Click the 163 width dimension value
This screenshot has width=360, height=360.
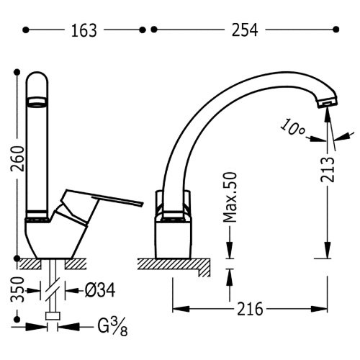pos(84,30)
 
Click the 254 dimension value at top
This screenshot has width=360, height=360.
pos(245,30)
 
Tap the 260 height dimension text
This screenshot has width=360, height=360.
pos(18,158)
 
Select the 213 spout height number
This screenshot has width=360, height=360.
pos(328,169)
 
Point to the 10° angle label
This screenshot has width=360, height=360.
pos(293,127)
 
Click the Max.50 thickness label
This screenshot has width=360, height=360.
pos(230,197)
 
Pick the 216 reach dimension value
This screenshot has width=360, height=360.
pos(250,309)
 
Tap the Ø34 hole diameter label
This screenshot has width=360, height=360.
pos(100,290)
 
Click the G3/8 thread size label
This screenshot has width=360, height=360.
pos(112,327)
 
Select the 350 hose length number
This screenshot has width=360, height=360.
pos(17,289)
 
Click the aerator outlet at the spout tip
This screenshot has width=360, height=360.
pos(328,103)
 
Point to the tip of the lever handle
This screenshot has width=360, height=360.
pos(142,204)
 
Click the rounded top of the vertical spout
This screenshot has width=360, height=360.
pos(37,73)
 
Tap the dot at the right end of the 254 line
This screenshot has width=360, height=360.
pos(336,30)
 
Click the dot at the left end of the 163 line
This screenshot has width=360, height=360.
pos(25,30)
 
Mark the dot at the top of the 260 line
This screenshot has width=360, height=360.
pos(17,72)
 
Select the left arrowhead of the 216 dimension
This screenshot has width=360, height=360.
pos(181,309)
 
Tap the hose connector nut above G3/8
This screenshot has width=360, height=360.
pos(53,316)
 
